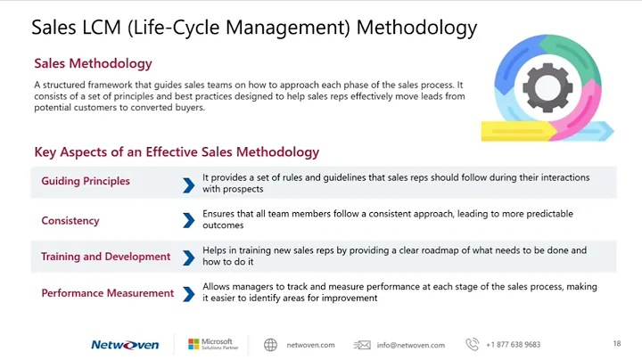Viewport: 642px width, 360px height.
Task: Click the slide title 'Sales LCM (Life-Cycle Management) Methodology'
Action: point(254,28)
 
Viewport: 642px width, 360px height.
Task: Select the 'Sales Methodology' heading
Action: point(93,63)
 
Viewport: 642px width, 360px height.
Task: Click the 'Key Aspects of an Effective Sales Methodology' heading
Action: point(177,152)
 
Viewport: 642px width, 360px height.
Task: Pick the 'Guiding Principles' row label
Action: point(86,182)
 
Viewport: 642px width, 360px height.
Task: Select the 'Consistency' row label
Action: point(70,220)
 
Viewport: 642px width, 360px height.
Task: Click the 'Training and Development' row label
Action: point(105,257)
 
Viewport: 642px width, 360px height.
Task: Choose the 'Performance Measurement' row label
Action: point(107,293)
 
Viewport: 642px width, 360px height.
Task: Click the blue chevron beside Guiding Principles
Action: point(188,184)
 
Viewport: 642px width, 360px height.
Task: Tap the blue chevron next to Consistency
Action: point(188,220)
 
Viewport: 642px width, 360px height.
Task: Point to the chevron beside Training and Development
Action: point(188,258)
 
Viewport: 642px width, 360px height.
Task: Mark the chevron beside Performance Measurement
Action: point(188,293)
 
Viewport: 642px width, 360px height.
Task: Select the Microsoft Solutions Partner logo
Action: point(210,344)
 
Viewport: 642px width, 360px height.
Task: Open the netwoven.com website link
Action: point(310,345)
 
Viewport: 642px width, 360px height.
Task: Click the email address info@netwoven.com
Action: point(410,345)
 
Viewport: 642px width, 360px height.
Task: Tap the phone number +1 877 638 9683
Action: point(513,345)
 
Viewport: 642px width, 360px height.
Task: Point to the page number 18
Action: point(617,344)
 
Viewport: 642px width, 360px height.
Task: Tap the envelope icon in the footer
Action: point(362,345)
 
